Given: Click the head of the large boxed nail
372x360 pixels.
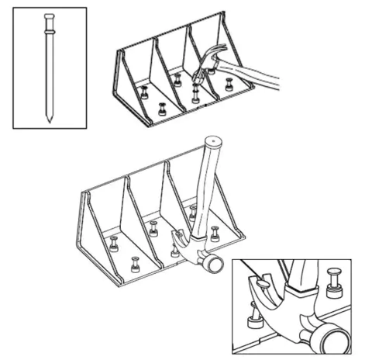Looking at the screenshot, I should pos(49,17).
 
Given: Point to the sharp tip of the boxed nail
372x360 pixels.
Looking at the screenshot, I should pos(48,120).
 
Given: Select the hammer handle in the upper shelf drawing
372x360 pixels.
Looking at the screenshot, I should pos(256,78).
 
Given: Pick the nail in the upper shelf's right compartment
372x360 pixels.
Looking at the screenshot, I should pos(229,84).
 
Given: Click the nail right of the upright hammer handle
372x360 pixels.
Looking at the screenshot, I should pos(215,233).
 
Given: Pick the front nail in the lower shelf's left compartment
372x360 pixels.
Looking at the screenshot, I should pos(136,265).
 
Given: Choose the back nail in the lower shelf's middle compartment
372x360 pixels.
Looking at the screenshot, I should pos(153,229).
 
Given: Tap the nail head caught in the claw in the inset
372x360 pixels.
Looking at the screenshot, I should pos(263,284).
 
